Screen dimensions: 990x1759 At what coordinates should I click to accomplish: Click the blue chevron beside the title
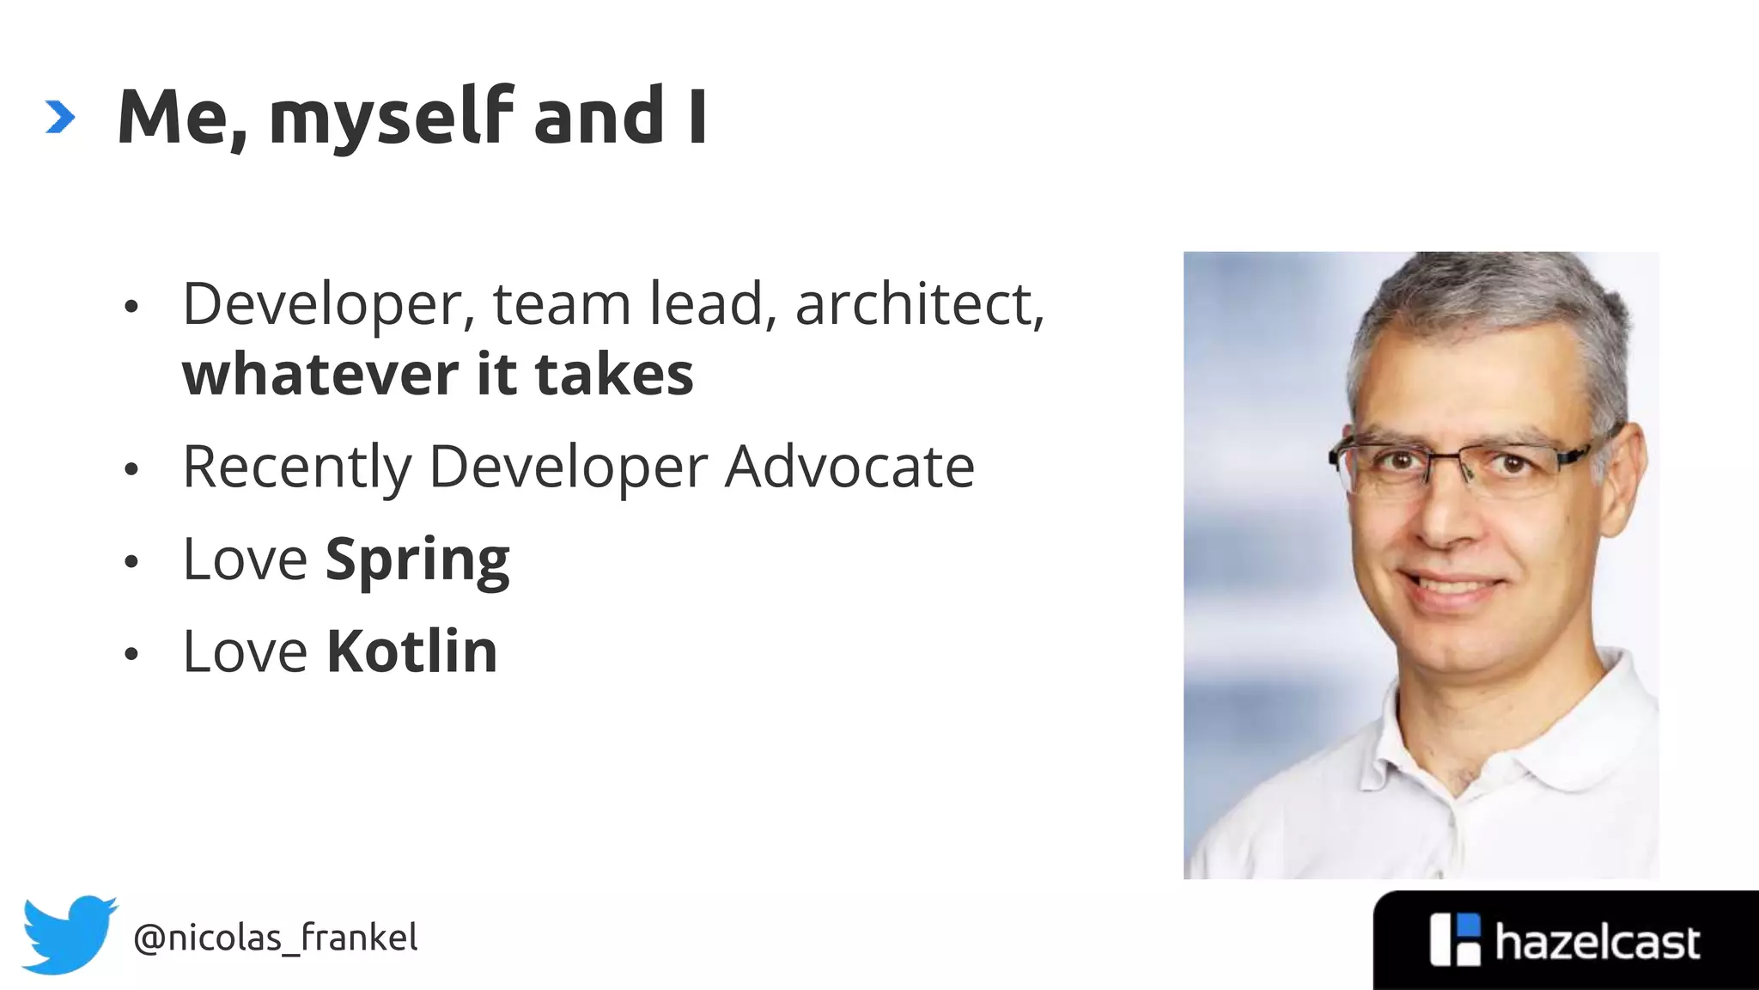coord(60,117)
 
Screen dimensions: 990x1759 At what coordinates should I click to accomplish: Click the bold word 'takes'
coord(613,375)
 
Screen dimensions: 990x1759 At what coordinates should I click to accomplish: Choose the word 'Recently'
coord(297,468)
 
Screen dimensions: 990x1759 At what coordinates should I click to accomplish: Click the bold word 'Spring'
coord(417,560)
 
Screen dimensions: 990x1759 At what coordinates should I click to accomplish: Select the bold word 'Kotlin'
coord(412,651)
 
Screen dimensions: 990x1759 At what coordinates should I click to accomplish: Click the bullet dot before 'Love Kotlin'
coord(131,654)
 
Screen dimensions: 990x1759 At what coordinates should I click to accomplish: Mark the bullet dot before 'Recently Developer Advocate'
coord(131,469)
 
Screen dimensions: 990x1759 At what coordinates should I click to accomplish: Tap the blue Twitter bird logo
coord(69,934)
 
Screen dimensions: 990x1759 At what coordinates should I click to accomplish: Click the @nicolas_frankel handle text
coord(275,938)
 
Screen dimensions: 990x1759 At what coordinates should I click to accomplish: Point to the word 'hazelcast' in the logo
coord(1597,943)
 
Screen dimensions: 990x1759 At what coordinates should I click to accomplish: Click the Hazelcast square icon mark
coord(1455,939)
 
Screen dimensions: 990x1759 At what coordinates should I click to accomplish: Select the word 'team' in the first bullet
coord(562,305)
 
